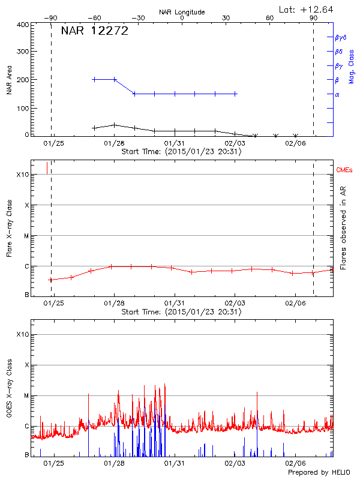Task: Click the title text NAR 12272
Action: click(95, 31)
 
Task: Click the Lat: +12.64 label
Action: click(307, 9)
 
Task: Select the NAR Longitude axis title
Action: click(182, 12)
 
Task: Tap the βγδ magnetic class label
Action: click(340, 37)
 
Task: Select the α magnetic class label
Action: click(337, 94)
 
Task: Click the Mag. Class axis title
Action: click(351, 66)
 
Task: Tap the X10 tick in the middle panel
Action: click(23, 175)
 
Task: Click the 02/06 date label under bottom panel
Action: click(295, 463)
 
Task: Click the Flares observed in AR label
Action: click(343, 228)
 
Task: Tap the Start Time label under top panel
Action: click(181, 152)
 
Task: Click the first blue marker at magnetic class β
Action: click(94, 79)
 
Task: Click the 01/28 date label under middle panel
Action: click(114, 304)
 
